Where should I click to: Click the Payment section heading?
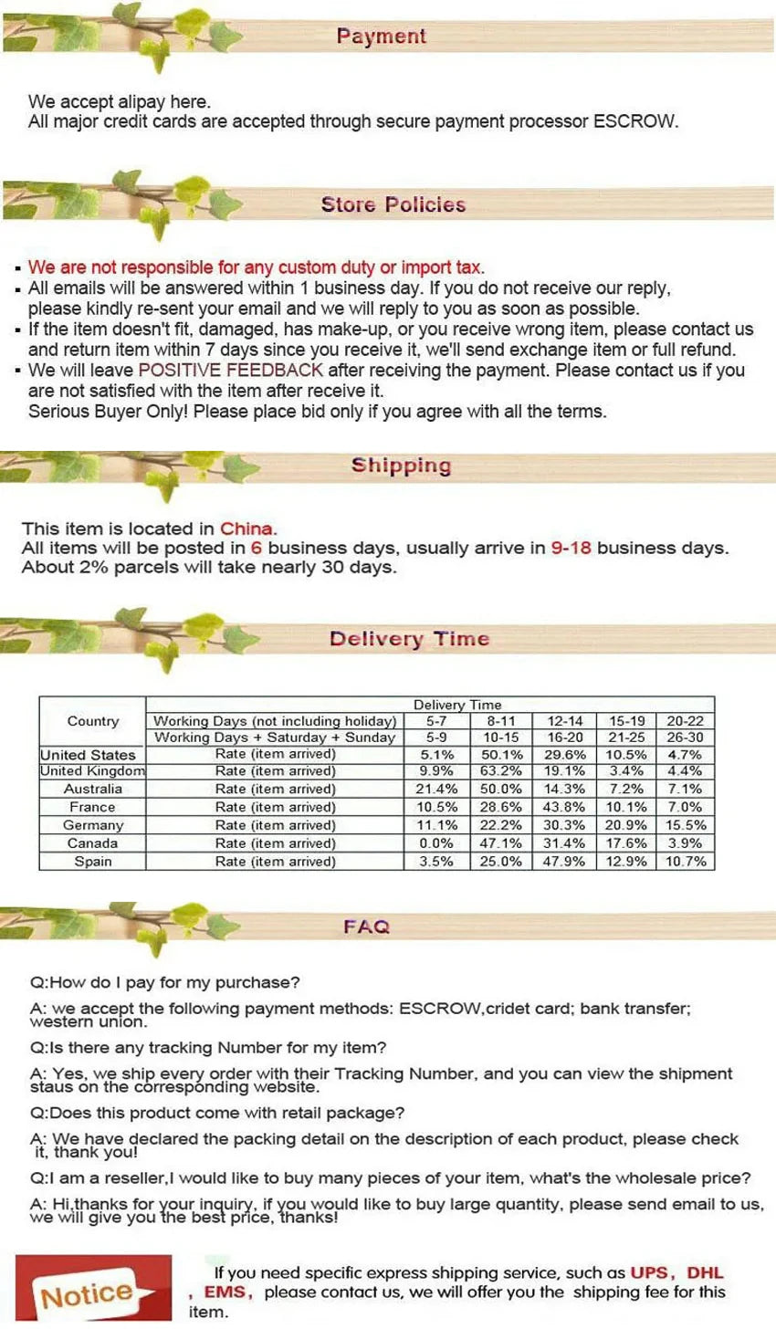[x=381, y=37]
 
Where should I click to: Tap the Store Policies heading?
[x=393, y=204]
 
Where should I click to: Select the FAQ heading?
[x=366, y=926]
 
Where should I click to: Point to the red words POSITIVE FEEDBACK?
[x=230, y=371]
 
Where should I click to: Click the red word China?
[x=246, y=528]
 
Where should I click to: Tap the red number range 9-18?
[x=572, y=549]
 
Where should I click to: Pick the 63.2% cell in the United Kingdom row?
[x=501, y=771]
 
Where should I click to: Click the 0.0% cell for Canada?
[x=436, y=843]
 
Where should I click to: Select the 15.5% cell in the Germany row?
[x=685, y=825]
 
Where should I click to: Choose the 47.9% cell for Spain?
[x=564, y=862]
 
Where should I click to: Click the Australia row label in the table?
[x=92, y=789]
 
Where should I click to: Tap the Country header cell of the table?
[x=92, y=721]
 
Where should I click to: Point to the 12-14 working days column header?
[x=564, y=721]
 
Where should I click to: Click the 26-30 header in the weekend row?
[x=685, y=738]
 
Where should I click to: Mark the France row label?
[x=92, y=807]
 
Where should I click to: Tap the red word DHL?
[x=705, y=1273]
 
